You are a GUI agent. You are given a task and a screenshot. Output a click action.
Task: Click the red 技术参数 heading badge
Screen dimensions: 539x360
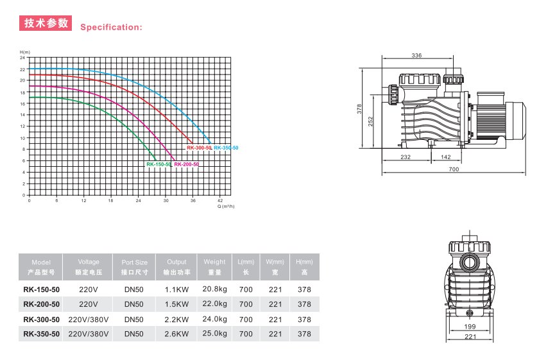(46, 23)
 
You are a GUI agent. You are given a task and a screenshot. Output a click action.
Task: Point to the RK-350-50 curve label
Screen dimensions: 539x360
(226, 148)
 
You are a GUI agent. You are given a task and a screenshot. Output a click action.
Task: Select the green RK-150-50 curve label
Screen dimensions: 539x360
(158, 164)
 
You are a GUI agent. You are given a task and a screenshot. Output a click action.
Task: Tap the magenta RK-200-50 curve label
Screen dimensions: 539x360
(186, 164)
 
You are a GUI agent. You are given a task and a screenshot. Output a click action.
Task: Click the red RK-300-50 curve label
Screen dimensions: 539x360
(199, 148)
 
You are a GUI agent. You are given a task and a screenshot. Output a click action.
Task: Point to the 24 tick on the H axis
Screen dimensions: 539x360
(22, 58)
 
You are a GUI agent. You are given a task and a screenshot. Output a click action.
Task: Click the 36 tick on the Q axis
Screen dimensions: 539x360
(193, 200)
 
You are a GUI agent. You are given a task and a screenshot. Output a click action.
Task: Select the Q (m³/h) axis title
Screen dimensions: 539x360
(226, 206)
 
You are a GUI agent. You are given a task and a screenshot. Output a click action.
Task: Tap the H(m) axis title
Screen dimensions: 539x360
(25, 52)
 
